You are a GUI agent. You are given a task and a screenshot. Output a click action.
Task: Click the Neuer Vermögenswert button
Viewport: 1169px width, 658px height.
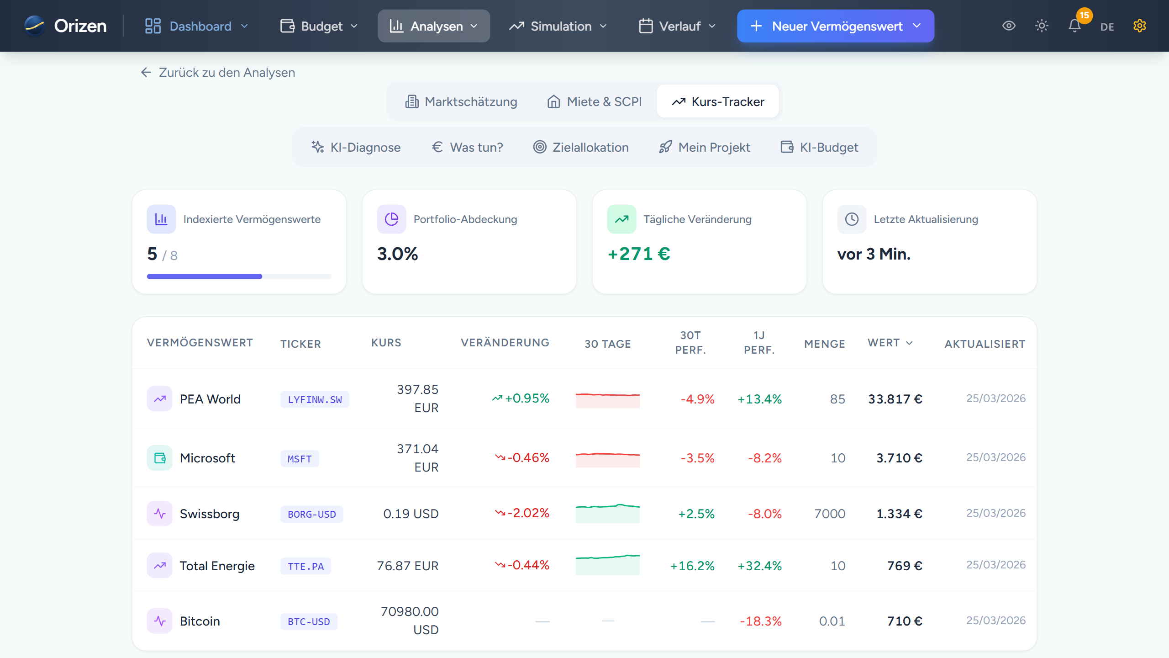click(x=835, y=26)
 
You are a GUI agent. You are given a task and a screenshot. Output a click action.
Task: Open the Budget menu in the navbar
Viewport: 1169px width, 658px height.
click(x=319, y=26)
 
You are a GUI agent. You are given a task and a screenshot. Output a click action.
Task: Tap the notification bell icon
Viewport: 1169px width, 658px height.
click(x=1074, y=26)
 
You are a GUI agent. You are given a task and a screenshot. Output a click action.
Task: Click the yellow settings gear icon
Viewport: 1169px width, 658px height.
click(x=1139, y=26)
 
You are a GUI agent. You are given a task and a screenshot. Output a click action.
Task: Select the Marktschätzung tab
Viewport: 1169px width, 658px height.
click(x=461, y=101)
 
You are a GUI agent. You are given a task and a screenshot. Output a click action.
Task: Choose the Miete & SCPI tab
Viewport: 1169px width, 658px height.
click(x=595, y=101)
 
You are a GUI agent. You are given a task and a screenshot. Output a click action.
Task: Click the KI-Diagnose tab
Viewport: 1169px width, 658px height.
click(x=356, y=147)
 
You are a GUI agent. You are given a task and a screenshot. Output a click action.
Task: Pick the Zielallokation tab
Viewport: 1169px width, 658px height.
click(x=581, y=147)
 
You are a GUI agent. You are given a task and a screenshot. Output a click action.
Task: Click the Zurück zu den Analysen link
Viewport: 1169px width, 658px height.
click(x=218, y=72)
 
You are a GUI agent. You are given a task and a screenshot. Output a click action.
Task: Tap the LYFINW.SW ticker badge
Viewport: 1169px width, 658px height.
click(x=315, y=399)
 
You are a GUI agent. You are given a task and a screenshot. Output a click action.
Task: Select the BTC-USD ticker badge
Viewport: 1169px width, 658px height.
click(x=309, y=621)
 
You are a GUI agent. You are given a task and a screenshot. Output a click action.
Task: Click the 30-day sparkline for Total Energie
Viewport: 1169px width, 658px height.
click(x=607, y=565)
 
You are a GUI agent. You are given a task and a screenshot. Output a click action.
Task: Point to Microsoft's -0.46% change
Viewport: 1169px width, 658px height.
click(x=522, y=457)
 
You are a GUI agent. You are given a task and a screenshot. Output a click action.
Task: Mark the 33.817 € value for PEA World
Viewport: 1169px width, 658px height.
click(x=895, y=399)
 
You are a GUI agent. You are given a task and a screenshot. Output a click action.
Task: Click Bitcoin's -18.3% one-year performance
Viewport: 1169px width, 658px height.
click(x=760, y=621)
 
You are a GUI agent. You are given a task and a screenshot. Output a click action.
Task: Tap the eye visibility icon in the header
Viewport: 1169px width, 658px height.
click(x=1009, y=26)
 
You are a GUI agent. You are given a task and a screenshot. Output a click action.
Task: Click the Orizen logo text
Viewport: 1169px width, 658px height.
click(x=80, y=26)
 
